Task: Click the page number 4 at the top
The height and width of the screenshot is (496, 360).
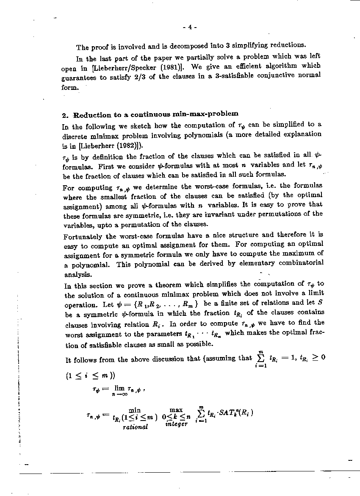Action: coord(190,28)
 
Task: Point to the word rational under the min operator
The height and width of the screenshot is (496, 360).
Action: coord(135,427)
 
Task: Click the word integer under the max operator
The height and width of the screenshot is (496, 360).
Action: coord(176,424)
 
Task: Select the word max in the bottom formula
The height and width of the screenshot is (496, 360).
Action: coord(176,410)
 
